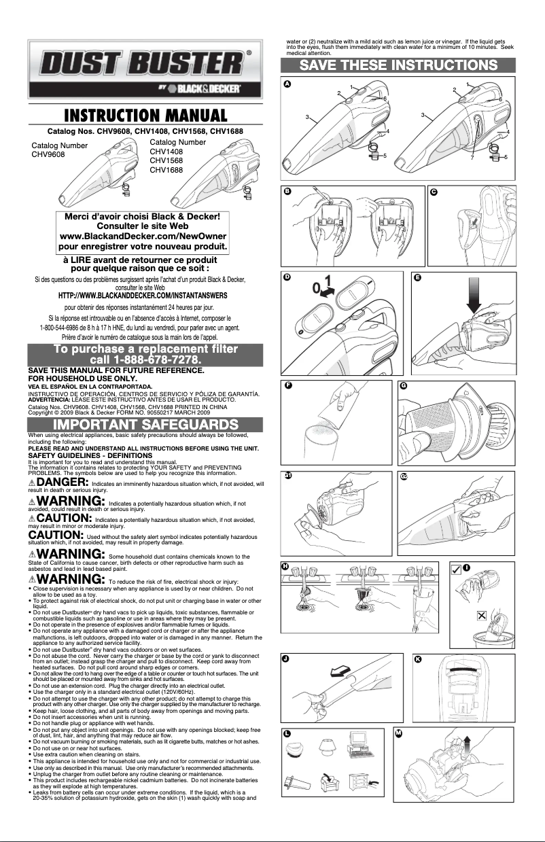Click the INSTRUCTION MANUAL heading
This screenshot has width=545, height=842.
(141, 115)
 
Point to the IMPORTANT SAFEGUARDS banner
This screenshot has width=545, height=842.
(141, 425)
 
